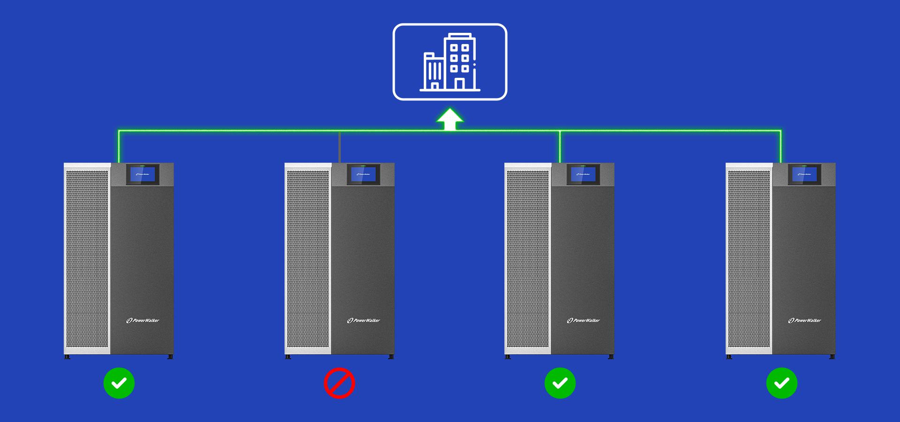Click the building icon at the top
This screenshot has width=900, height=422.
pyautogui.click(x=450, y=62)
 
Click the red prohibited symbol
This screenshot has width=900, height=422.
pyautogui.click(x=339, y=383)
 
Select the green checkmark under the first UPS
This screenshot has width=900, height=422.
pyautogui.click(x=119, y=383)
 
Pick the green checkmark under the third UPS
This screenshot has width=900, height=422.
pyautogui.click(x=560, y=383)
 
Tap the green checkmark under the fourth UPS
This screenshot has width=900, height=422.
pyautogui.click(x=781, y=383)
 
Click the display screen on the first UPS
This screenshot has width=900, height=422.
pyautogui.click(x=142, y=174)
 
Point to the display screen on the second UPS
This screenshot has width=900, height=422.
pyautogui.click(x=363, y=174)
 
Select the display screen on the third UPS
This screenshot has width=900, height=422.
pyautogui.click(x=583, y=174)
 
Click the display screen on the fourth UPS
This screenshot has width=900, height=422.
pyautogui.click(x=804, y=174)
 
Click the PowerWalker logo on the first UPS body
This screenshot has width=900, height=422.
pyautogui.click(x=143, y=321)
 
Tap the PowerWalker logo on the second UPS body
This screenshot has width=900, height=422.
pyautogui.click(x=364, y=321)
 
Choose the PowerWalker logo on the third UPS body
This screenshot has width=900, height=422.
pyautogui.click(x=584, y=321)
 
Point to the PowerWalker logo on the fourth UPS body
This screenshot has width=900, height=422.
pyautogui.click(x=805, y=321)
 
